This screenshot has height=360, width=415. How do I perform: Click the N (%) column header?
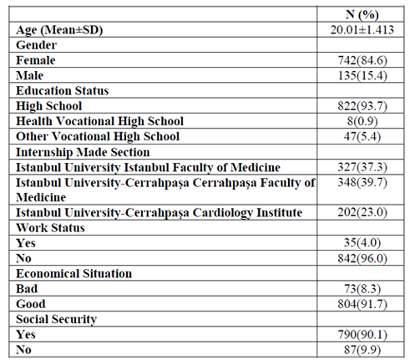(362, 14)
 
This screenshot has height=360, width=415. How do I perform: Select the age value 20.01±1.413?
(362, 30)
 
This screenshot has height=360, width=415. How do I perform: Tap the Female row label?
(36, 60)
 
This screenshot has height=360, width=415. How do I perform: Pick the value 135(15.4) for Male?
(362, 75)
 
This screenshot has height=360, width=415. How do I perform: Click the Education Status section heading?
(63, 91)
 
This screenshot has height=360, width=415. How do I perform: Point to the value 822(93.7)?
(362, 106)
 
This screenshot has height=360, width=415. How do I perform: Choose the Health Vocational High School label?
(99, 121)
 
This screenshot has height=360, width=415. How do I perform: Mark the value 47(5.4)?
(362, 136)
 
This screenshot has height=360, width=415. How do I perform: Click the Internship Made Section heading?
(83, 152)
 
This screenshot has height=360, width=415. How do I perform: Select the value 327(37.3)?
(362, 167)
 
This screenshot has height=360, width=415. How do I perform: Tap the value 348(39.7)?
(362, 182)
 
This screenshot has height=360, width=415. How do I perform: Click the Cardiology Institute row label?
(159, 213)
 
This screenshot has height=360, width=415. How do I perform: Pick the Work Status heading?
(50, 228)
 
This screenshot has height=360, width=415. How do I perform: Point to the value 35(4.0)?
(362, 243)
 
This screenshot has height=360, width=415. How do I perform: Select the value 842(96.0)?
(362, 258)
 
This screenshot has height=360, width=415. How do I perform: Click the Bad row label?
(27, 288)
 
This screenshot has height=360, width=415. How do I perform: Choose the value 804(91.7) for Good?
(362, 304)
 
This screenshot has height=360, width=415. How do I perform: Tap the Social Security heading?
(56, 319)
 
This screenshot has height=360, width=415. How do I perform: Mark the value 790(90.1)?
(362, 334)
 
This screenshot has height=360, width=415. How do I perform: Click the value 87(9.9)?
(362, 350)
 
